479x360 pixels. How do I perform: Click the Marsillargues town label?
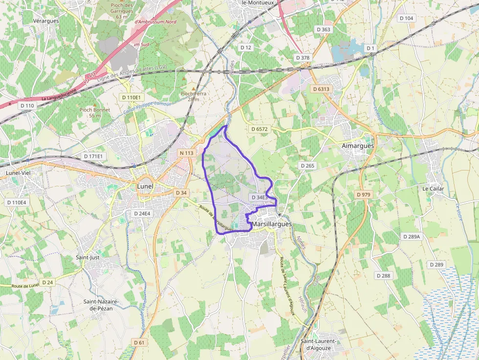(272, 224)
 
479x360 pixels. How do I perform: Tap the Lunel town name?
(145, 186)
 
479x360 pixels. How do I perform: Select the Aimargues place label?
(358, 146)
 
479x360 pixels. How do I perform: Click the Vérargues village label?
(46, 21)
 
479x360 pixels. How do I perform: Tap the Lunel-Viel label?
(18, 173)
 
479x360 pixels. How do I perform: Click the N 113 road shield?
(187, 153)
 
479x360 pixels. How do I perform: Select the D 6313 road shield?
(321, 89)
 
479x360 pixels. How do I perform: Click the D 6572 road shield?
(259, 129)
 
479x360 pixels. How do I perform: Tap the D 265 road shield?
(307, 166)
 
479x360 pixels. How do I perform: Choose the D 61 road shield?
(140, 342)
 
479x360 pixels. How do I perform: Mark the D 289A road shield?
(412, 236)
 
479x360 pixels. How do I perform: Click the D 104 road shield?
(406, 18)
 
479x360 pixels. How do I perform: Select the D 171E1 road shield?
(93, 156)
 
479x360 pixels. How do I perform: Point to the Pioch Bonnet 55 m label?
(95, 113)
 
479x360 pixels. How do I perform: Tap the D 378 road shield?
(303, 58)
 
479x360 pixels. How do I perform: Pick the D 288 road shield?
(383, 275)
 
